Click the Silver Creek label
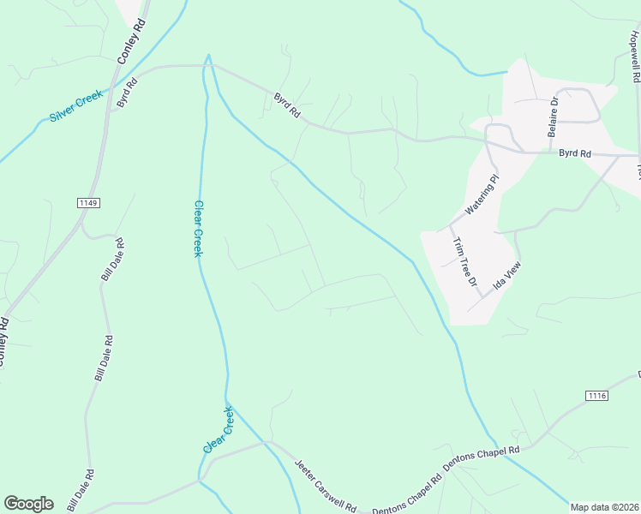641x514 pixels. click(x=75, y=105)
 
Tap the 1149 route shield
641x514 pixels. click(x=88, y=203)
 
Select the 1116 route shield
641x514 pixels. click(x=597, y=395)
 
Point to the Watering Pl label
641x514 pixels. click(x=481, y=197)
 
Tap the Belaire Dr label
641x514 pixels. click(x=553, y=117)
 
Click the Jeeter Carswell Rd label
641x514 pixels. click(x=325, y=486)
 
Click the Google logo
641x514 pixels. click(x=28, y=504)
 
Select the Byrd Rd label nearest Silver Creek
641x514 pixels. click(x=127, y=90)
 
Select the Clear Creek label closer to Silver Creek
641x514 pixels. click(x=197, y=228)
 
